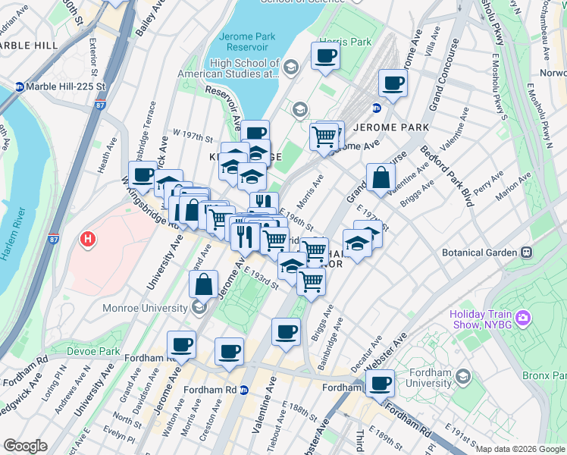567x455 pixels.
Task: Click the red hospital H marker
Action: coord(88,240)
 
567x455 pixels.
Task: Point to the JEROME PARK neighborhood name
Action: coord(391,127)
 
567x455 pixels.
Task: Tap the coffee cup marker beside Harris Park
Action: coord(325,56)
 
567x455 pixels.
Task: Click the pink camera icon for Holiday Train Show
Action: coord(522,318)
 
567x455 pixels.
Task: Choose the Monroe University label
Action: coord(146,308)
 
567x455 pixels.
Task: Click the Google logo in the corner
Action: coord(25,446)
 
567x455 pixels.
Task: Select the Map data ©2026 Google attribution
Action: coord(519,449)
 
